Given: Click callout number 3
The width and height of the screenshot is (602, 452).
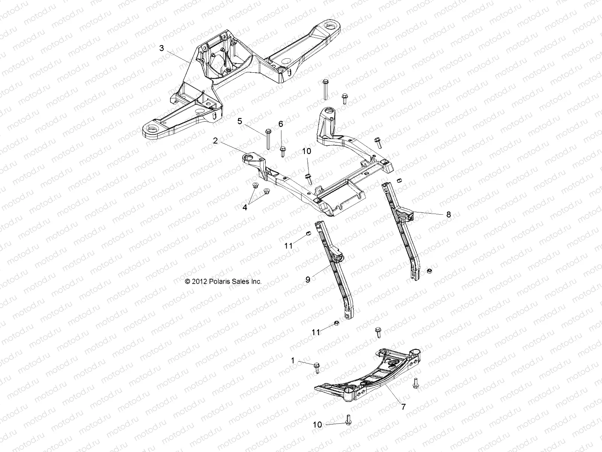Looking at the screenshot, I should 161,48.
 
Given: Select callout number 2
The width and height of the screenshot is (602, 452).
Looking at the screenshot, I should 215,141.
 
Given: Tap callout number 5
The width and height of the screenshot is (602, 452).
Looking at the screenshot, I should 240,121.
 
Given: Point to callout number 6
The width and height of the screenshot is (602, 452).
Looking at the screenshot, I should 280,124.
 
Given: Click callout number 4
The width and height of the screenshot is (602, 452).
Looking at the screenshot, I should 245,208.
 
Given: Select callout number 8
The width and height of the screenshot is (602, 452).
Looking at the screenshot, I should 448,215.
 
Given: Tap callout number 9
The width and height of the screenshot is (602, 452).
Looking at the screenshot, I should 307,279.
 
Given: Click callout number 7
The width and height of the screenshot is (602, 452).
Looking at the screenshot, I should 403,407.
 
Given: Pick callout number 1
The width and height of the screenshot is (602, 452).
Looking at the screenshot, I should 293,360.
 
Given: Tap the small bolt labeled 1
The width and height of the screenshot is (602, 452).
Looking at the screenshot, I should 317,367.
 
